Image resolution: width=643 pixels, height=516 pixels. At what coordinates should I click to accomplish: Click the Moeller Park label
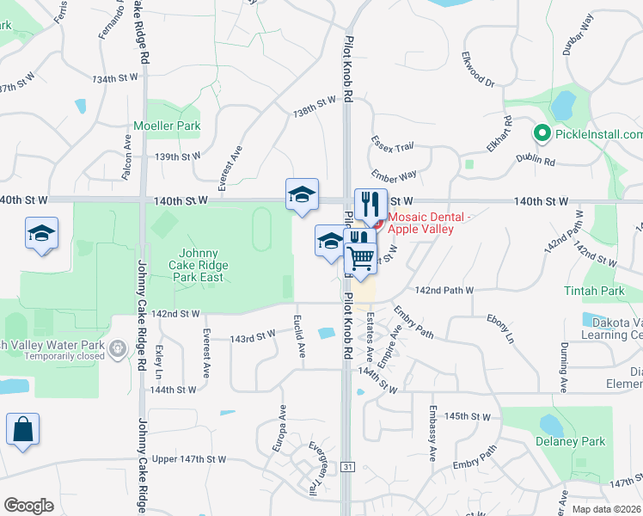click(x=167, y=126)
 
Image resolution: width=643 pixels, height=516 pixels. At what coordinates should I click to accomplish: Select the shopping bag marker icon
click(x=22, y=430)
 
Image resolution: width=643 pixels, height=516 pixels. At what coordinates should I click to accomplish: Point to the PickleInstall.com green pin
click(x=542, y=134)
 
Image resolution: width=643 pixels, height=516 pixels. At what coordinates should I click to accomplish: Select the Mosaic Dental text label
click(x=430, y=222)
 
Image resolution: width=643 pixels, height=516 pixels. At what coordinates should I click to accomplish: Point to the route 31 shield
click(x=347, y=466)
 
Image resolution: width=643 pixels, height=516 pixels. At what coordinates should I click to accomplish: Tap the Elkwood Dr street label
click(x=479, y=71)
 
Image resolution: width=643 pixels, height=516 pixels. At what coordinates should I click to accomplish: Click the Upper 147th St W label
click(x=189, y=459)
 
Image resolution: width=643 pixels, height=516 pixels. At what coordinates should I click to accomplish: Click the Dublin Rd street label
click(x=536, y=159)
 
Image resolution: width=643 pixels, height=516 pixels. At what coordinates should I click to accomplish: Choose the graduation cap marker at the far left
click(x=41, y=235)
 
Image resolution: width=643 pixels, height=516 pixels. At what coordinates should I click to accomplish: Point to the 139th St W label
click(x=177, y=157)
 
